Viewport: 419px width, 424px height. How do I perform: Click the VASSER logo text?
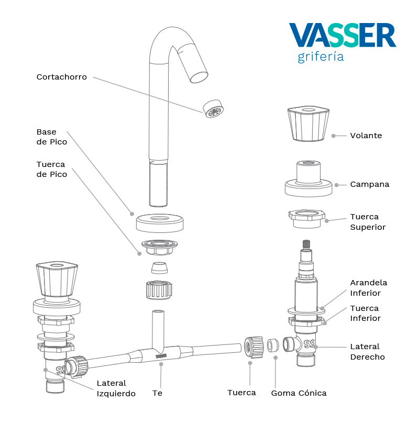(343, 35)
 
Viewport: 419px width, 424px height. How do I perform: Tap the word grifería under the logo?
(321, 57)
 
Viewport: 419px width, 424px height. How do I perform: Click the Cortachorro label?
(62, 77)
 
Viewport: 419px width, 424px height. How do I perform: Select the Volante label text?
(366, 136)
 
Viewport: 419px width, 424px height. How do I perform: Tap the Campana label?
(369, 184)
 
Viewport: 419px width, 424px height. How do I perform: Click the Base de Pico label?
(52, 137)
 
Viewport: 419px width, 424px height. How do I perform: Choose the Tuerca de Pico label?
(52, 169)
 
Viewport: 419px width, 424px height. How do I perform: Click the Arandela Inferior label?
(369, 288)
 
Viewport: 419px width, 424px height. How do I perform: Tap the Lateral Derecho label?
(367, 352)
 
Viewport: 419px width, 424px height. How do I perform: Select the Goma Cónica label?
(299, 393)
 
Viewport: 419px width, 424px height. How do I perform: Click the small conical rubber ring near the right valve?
(273, 346)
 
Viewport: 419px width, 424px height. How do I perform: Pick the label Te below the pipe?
(157, 393)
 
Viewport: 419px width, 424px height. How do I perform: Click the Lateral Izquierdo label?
(116, 388)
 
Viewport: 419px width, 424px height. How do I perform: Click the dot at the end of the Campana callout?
(337, 184)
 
